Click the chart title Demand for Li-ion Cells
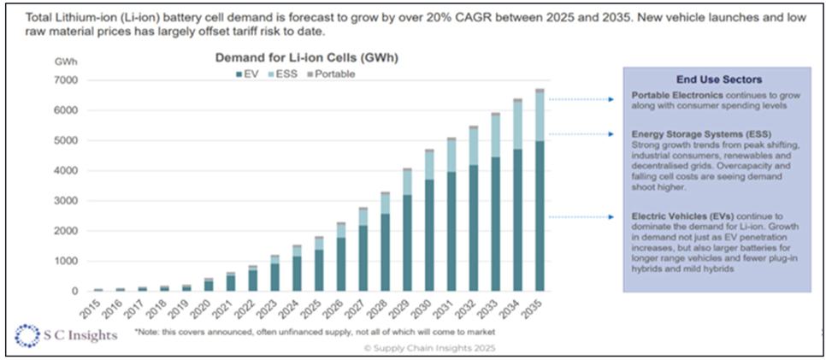(x=306, y=59)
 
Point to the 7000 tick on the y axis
(x=67, y=80)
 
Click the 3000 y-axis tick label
(x=67, y=201)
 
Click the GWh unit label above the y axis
(x=65, y=62)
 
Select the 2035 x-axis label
(x=539, y=306)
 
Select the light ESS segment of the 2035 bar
(x=539, y=116)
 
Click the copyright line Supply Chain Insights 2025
(x=428, y=348)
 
